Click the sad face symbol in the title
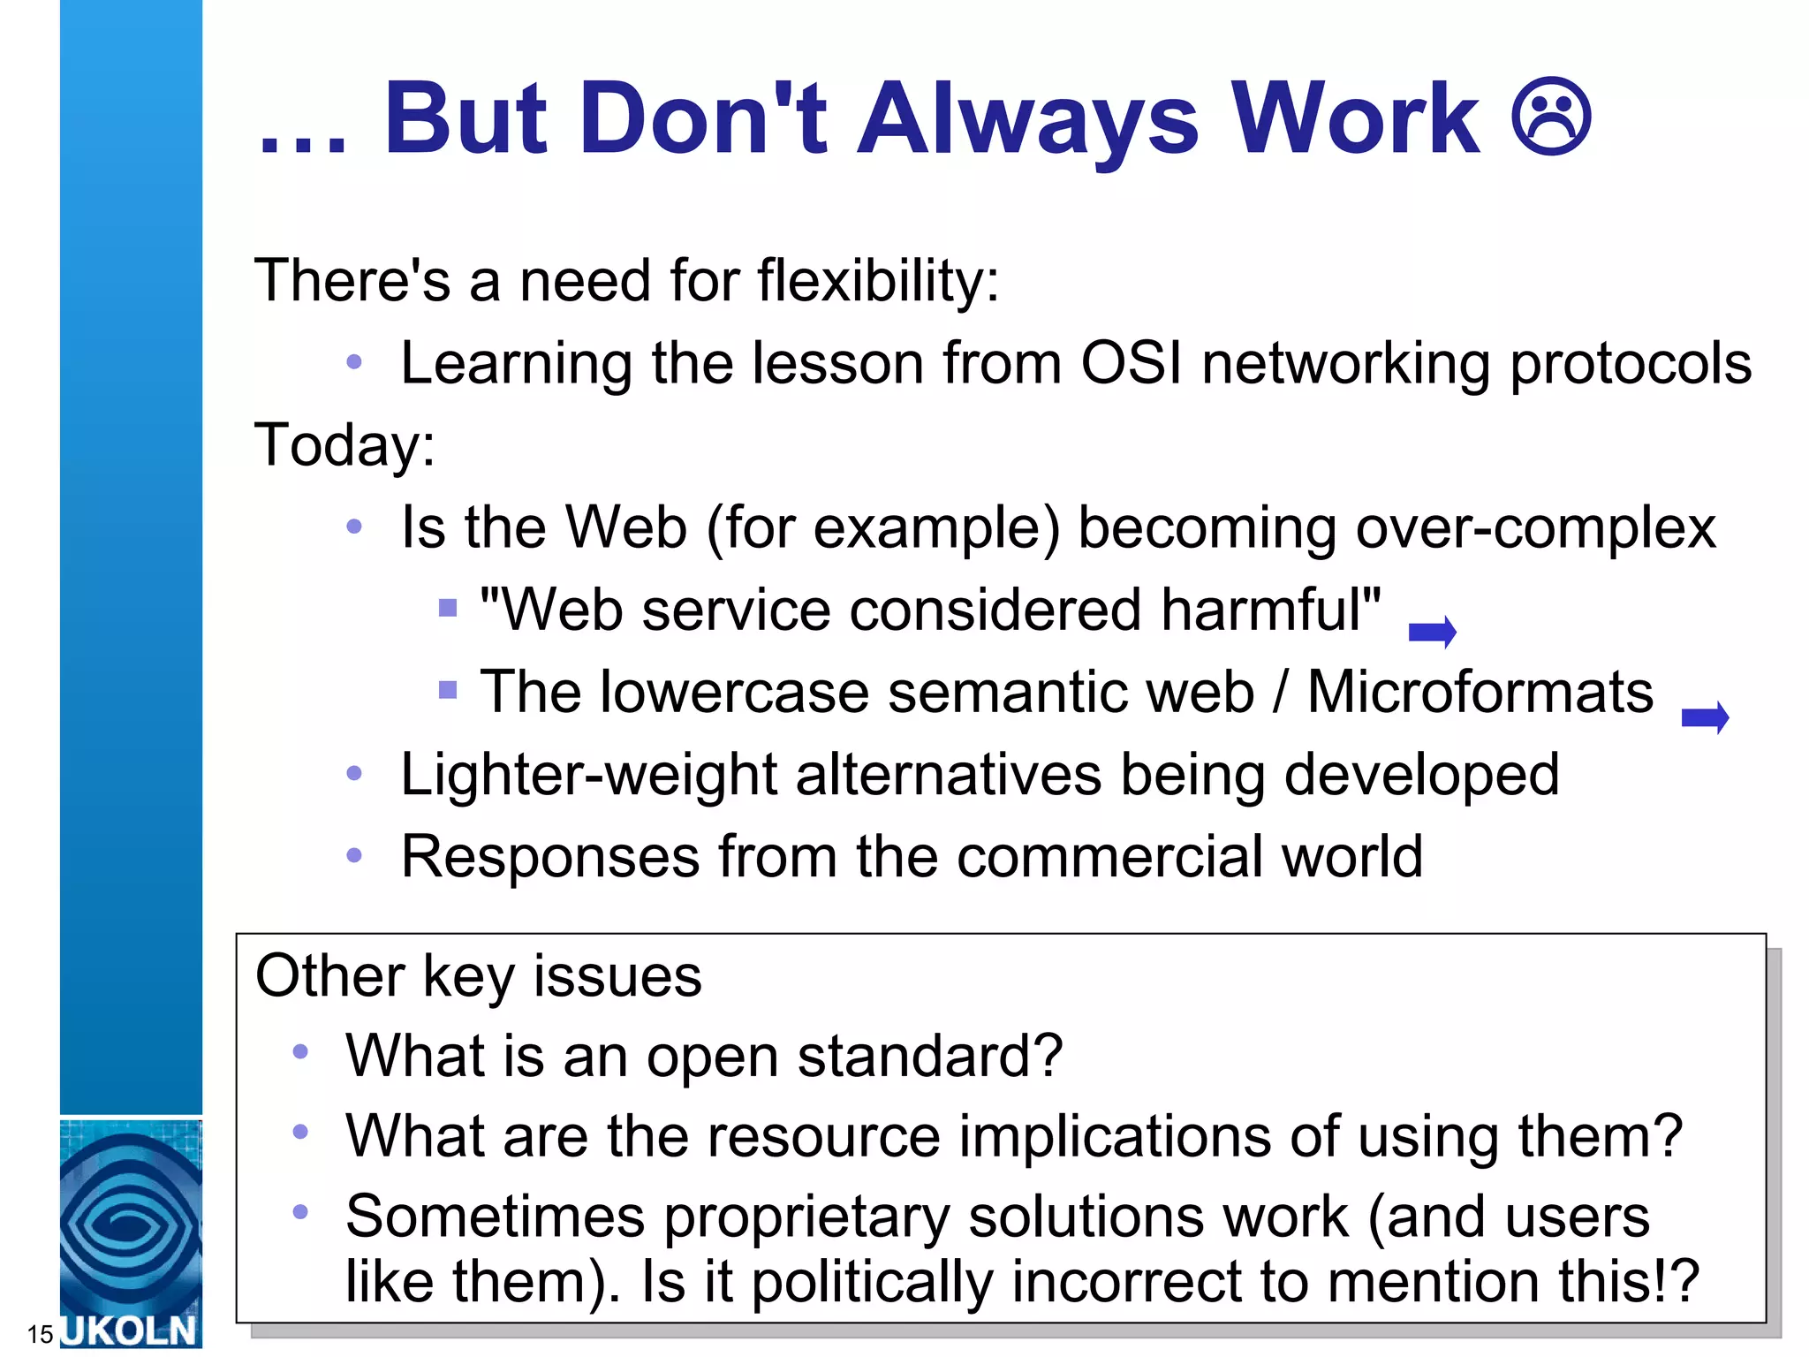tap(1551, 118)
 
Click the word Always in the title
tap(1028, 119)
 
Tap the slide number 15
tap(40, 1334)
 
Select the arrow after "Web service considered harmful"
tap(1432, 632)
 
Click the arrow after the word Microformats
tap(1705, 716)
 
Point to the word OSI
tap(1132, 363)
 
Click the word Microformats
tap(1480, 692)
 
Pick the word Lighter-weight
tap(588, 775)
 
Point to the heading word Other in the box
tap(329, 976)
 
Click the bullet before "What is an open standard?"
tap(300, 1051)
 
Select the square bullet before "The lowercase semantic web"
tap(448, 689)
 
